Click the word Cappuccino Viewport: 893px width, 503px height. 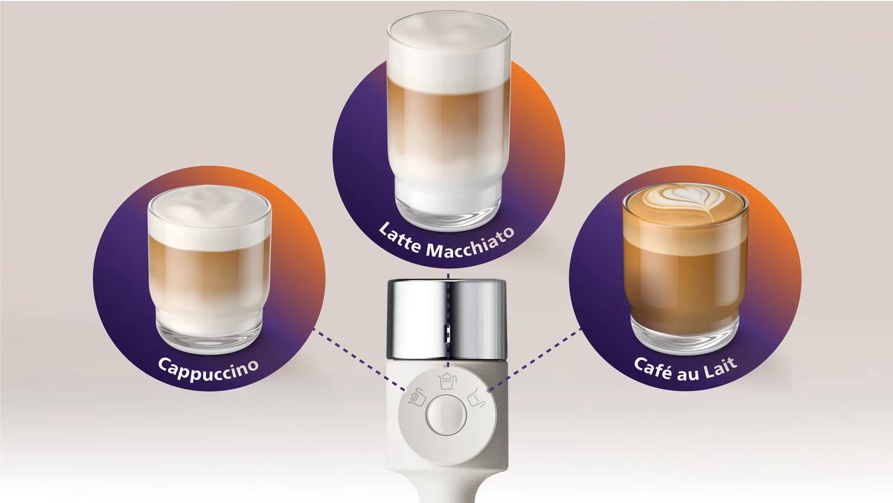click(x=208, y=370)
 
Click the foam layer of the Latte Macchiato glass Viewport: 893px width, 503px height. click(x=449, y=52)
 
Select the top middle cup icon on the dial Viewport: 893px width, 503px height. click(x=446, y=381)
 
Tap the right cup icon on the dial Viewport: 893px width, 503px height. click(x=476, y=398)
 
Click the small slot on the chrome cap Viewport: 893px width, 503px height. click(x=448, y=333)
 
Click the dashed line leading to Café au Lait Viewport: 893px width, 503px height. click(x=535, y=359)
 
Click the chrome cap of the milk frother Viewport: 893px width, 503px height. click(x=446, y=320)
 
